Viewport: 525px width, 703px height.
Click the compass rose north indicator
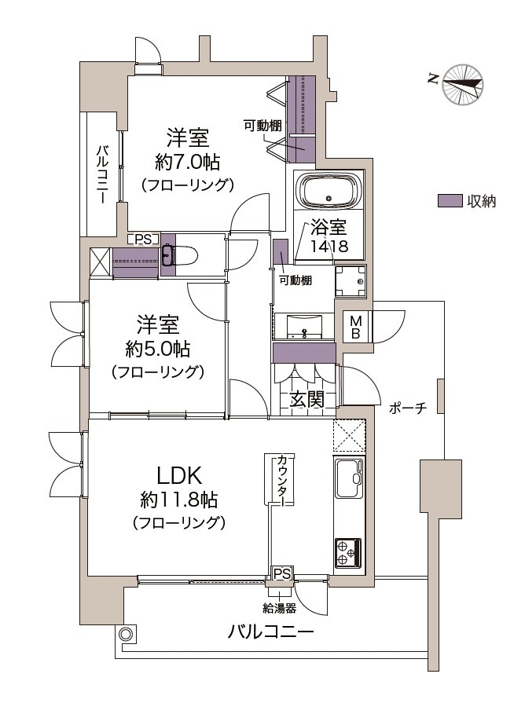point(463,84)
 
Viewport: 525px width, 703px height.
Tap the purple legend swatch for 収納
point(450,201)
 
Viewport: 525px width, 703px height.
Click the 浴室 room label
point(329,227)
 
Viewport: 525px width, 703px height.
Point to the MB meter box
point(356,327)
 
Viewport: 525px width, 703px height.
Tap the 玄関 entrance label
point(307,399)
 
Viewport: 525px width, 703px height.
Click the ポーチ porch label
point(407,408)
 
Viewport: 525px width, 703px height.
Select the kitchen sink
point(349,479)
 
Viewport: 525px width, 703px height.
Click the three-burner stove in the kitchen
point(347,553)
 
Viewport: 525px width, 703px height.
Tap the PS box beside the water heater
point(282,573)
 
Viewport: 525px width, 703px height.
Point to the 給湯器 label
point(279,608)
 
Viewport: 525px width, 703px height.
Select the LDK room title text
point(179,476)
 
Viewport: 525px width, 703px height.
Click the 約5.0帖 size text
point(158,349)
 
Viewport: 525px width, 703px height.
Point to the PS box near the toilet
point(143,240)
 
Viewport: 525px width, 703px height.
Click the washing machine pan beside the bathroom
point(351,280)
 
